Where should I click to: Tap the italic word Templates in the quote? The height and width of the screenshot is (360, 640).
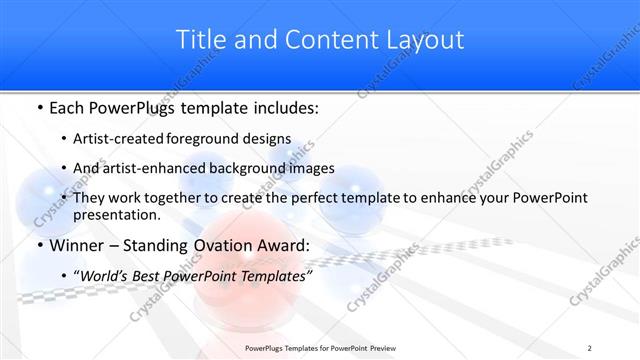coord(276,275)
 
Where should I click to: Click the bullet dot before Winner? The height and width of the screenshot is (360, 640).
coord(38,247)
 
